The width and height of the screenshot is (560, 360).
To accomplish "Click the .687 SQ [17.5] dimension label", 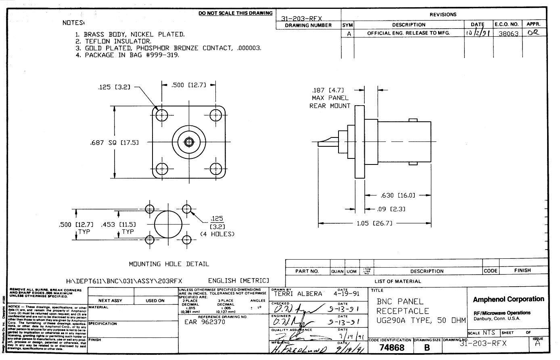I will (114, 142).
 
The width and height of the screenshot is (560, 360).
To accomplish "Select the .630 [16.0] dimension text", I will (397, 196).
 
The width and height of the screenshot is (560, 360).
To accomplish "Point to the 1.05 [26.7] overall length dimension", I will (374, 223).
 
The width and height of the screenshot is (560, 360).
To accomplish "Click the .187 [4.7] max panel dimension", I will (328, 90).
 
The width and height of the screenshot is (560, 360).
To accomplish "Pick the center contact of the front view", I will (188, 142).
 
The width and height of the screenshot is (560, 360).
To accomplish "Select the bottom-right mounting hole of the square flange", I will (215, 169).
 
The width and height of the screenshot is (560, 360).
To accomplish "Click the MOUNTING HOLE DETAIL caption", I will (169, 264).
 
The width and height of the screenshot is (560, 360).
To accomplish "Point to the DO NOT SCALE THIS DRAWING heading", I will (236, 13).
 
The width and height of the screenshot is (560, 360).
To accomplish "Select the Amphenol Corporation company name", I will (508, 299).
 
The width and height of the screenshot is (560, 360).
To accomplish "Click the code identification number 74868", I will (392, 348).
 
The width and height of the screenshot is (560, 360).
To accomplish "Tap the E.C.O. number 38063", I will (508, 34).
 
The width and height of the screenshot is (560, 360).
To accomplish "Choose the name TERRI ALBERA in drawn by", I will (298, 294).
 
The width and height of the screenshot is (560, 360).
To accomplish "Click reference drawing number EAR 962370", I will (205, 322).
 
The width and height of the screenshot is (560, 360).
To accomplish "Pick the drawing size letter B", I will (427, 348).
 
